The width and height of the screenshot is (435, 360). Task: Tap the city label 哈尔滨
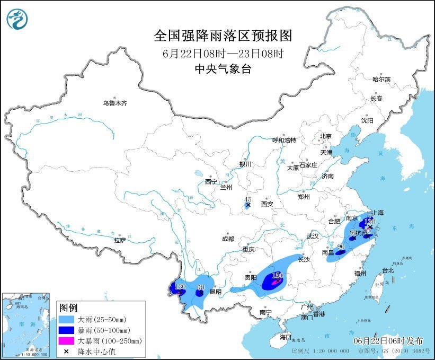[x=380, y=79]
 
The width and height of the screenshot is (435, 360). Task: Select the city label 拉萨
[x=120, y=240]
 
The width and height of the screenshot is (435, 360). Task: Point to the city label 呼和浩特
[x=284, y=141]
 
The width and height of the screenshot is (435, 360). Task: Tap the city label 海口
[x=286, y=337]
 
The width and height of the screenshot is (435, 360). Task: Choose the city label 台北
[x=387, y=270]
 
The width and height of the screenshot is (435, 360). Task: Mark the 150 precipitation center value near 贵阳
[x=278, y=275]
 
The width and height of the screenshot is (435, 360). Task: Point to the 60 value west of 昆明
[x=200, y=288]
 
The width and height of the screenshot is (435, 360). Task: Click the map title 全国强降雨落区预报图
[x=223, y=36]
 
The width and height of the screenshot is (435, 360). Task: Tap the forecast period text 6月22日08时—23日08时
[x=223, y=53]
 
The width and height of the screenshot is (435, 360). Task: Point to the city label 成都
[x=228, y=239]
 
